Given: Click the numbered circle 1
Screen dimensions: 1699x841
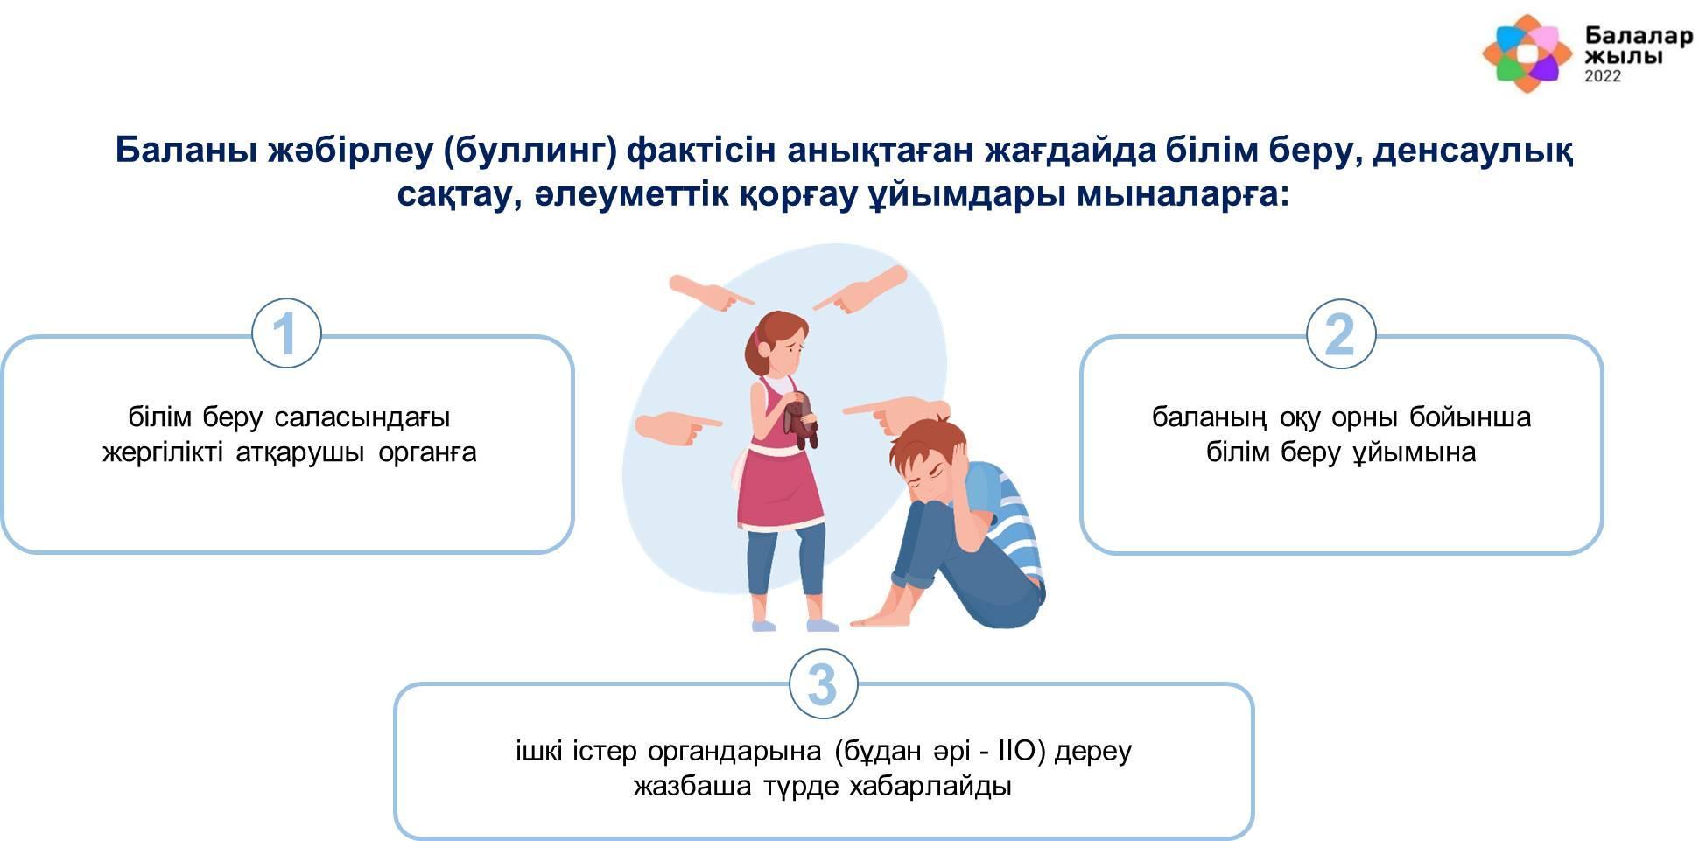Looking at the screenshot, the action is [286, 333].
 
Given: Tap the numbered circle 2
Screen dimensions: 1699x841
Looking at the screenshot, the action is [1340, 333].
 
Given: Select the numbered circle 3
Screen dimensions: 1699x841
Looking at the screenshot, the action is [823, 683].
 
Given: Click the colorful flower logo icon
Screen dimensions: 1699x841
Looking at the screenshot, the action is [1527, 53].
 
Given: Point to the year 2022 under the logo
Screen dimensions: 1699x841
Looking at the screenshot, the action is [1603, 76].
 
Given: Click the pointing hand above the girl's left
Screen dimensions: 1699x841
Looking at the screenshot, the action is [711, 293].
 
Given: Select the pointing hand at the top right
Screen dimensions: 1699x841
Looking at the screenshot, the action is [860, 290].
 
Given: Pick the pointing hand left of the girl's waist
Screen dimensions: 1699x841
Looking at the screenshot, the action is [677, 427].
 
